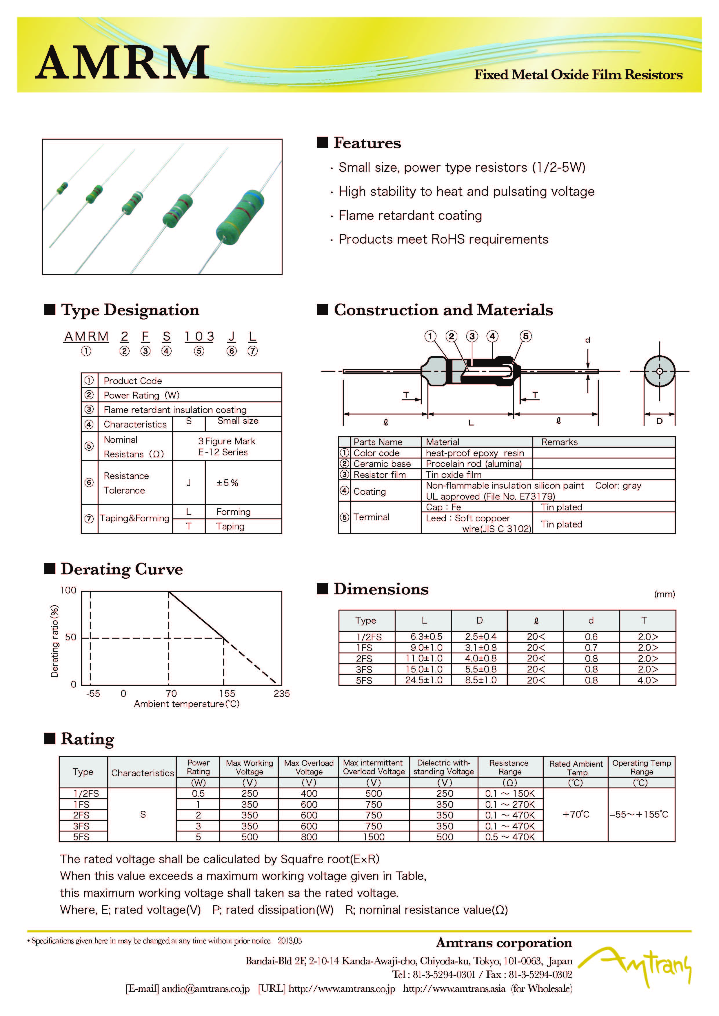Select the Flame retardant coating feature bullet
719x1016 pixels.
click(410, 215)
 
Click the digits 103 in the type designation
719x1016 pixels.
click(199, 337)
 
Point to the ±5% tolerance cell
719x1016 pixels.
click(227, 483)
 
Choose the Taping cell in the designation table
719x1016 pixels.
click(230, 526)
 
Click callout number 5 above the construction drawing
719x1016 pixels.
click(525, 336)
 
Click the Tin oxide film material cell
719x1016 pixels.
click(453, 475)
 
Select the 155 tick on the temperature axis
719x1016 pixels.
click(227, 693)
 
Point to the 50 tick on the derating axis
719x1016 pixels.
click(70, 637)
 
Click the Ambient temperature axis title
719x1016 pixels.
click(186, 704)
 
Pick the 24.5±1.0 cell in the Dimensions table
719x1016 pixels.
click(424, 680)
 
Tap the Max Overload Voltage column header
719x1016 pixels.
click(309, 767)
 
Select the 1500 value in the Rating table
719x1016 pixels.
click(374, 837)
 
